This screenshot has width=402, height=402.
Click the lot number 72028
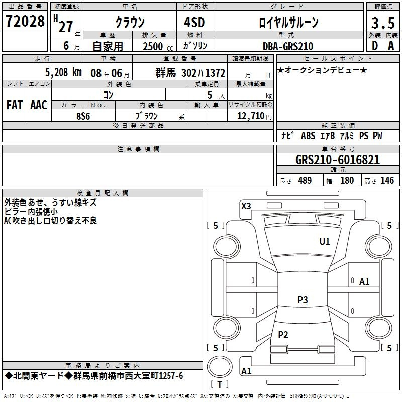point(25,21)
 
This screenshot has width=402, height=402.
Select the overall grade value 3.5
point(383,23)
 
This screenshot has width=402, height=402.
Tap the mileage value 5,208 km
point(63,72)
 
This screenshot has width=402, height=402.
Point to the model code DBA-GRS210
point(288,46)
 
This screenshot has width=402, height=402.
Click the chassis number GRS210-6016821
point(338,160)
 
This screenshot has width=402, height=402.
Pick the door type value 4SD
point(194,22)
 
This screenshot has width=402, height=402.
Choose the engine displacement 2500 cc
point(158,46)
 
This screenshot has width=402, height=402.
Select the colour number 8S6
point(83,116)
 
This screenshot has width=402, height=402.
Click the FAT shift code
point(15,105)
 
